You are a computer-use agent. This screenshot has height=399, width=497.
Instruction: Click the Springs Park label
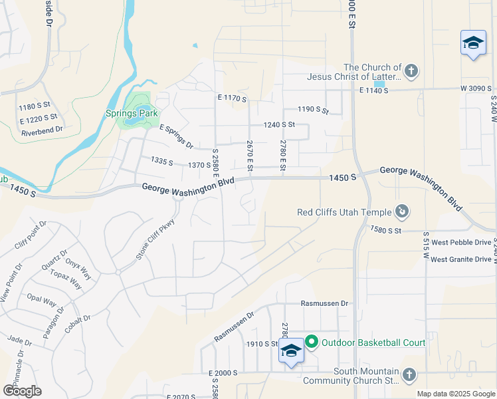[x=130, y=113]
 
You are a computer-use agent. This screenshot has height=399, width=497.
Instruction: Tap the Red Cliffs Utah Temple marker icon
[x=401, y=212]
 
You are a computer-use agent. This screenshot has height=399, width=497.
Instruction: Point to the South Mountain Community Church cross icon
[x=409, y=375]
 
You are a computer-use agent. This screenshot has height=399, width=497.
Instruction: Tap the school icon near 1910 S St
[x=291, y=350]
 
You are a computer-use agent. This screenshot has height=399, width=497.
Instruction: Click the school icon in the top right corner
[x=473, y=43]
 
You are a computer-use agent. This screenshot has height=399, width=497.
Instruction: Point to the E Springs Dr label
[x=176, y=136]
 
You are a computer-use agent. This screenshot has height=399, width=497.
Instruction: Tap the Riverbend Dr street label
[x=41, y=130]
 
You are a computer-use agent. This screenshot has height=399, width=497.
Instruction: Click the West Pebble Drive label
[x=461, y=243]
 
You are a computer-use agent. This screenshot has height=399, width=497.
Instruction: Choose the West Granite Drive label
[x=461, y=259]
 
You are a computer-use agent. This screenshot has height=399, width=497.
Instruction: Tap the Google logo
[x=22, y=390]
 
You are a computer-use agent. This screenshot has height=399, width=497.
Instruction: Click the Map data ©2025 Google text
[x=455, y=394]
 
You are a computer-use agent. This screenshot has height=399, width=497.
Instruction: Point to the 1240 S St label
[x=278, y=124]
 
